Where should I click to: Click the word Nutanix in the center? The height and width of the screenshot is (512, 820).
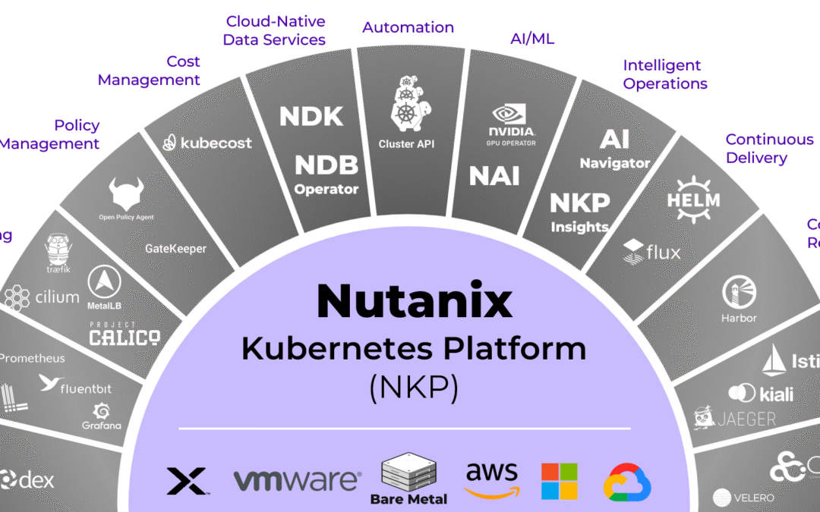click(414, 301)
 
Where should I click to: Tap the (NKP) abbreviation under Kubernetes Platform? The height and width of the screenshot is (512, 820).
click(414, 388)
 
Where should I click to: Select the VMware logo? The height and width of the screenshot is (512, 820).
click(297, 479)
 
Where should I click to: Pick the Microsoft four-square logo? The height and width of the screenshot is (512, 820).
click(559, 482)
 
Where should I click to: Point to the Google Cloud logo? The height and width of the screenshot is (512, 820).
click(628, 481)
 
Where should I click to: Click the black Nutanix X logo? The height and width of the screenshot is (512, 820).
click(186, 481)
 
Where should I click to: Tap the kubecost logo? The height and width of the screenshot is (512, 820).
click(207, 142)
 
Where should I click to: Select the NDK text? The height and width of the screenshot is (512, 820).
click(311, 116)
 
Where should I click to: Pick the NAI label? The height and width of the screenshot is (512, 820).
click(494, 176)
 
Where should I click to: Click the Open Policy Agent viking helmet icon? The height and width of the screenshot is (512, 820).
click(126, 194)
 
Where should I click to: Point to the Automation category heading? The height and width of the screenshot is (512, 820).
click(408, 27)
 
